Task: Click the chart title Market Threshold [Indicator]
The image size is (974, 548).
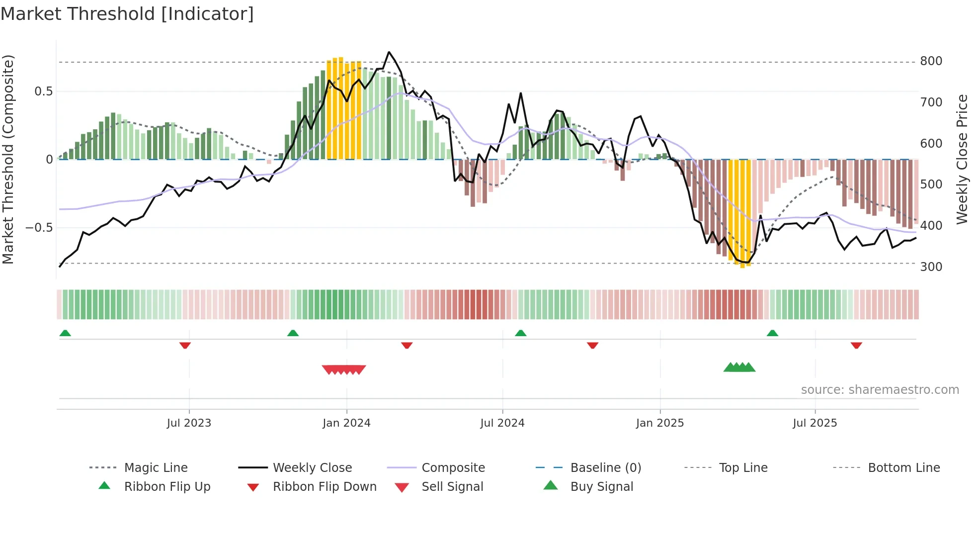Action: [x=127, y=14]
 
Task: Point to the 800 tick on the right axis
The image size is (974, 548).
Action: [x=931, y=61]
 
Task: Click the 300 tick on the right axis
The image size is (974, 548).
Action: [x=931, y=267]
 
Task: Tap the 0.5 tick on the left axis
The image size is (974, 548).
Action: [x=43, y=91]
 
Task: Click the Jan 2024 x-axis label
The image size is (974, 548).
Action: [x=346, y=423]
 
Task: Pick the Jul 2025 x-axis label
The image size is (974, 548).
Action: [x=814, y=423]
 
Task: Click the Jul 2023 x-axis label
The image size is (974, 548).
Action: [x=189, y=423]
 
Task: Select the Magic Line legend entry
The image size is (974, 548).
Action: [x=156, y=468]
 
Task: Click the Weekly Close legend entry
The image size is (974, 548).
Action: [x=312, y=468]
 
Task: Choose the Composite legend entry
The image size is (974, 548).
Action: [x=453, y=468]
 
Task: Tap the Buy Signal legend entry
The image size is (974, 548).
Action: [x=601, y=487]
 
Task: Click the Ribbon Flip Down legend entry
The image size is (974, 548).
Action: [x=324, y=487]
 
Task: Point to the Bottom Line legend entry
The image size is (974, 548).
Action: [x=903, y=468]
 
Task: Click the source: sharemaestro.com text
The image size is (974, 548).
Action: [x=880, y=390]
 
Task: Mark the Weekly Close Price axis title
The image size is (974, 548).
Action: [x=962, y=159]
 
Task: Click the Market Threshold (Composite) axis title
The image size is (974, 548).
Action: [x=8, y=159]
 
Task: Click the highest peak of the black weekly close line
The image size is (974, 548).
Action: [x=389, y=52]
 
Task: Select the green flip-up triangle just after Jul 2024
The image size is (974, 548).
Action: [x=520, y=333]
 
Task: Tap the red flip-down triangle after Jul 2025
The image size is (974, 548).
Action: [x=856, y=346]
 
